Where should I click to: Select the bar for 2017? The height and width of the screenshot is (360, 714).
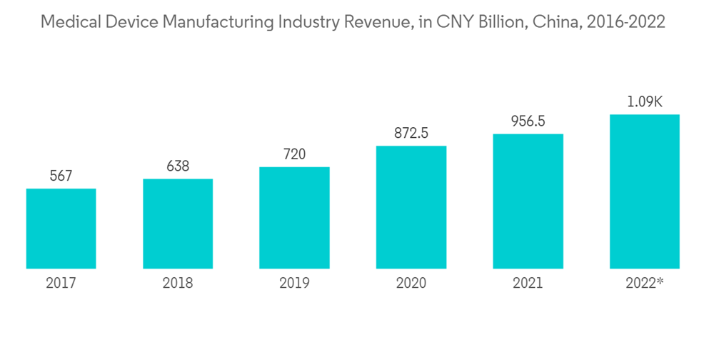point(61,229)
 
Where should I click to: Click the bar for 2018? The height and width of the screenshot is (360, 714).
point(178,224)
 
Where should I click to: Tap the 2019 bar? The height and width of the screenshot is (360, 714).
point(294,218)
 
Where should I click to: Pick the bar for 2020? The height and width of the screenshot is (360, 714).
point(411,207)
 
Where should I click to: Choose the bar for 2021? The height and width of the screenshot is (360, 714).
point(528,201)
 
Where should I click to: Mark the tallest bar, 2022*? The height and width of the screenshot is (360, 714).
point(644,191)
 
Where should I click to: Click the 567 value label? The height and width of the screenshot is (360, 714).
point(61,176)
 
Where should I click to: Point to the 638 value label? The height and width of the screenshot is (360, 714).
point(178,166)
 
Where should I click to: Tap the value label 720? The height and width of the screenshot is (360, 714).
point(294,154)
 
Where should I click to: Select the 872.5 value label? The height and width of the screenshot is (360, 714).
point(411,133)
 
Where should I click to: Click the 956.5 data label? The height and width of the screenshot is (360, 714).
point(528,121)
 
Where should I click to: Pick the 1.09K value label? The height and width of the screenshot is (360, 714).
point(644,102)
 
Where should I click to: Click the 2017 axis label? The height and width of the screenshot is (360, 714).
point(61,284)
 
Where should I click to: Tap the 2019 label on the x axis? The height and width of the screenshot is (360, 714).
point(294,284)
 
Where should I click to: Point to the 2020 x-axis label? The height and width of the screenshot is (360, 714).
point(411,284)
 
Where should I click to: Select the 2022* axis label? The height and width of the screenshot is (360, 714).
point(645,284)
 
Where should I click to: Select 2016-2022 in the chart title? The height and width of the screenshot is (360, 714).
point(623,22)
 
